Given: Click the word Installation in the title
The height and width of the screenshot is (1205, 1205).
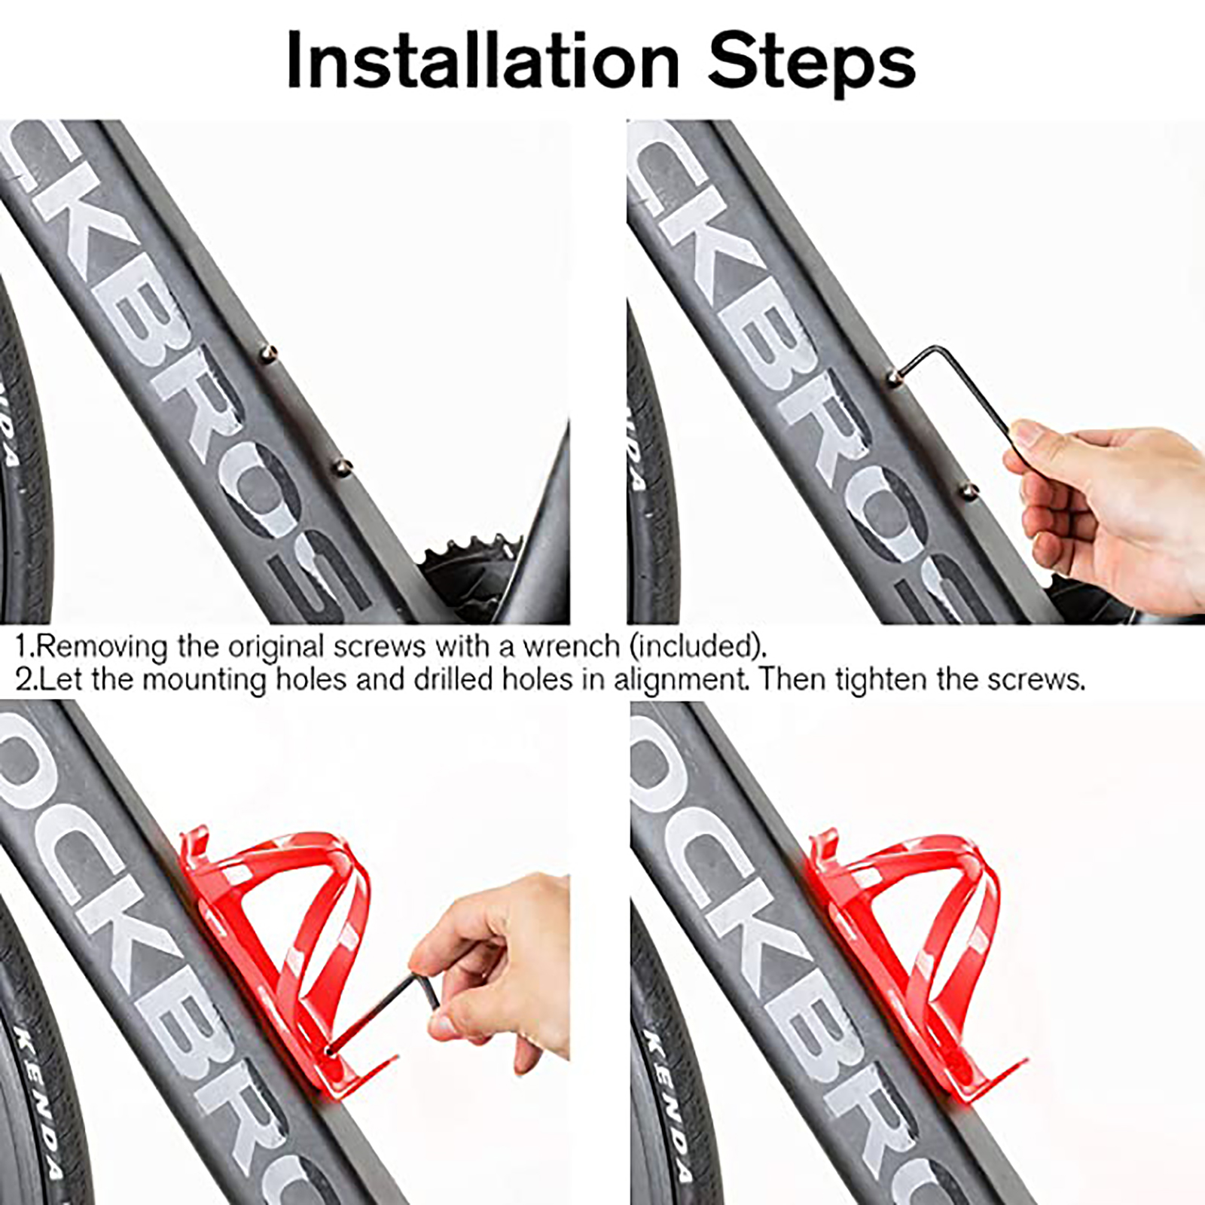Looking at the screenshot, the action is pos(483,61).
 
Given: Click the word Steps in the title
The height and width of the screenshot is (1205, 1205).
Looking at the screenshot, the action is pos(812,62).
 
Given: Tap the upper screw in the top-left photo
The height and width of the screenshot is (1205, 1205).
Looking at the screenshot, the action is pos(269,352).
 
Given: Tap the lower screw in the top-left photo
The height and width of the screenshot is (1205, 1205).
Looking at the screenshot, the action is pos(342,467).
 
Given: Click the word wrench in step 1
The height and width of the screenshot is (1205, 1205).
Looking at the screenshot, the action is pos(572,647).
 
